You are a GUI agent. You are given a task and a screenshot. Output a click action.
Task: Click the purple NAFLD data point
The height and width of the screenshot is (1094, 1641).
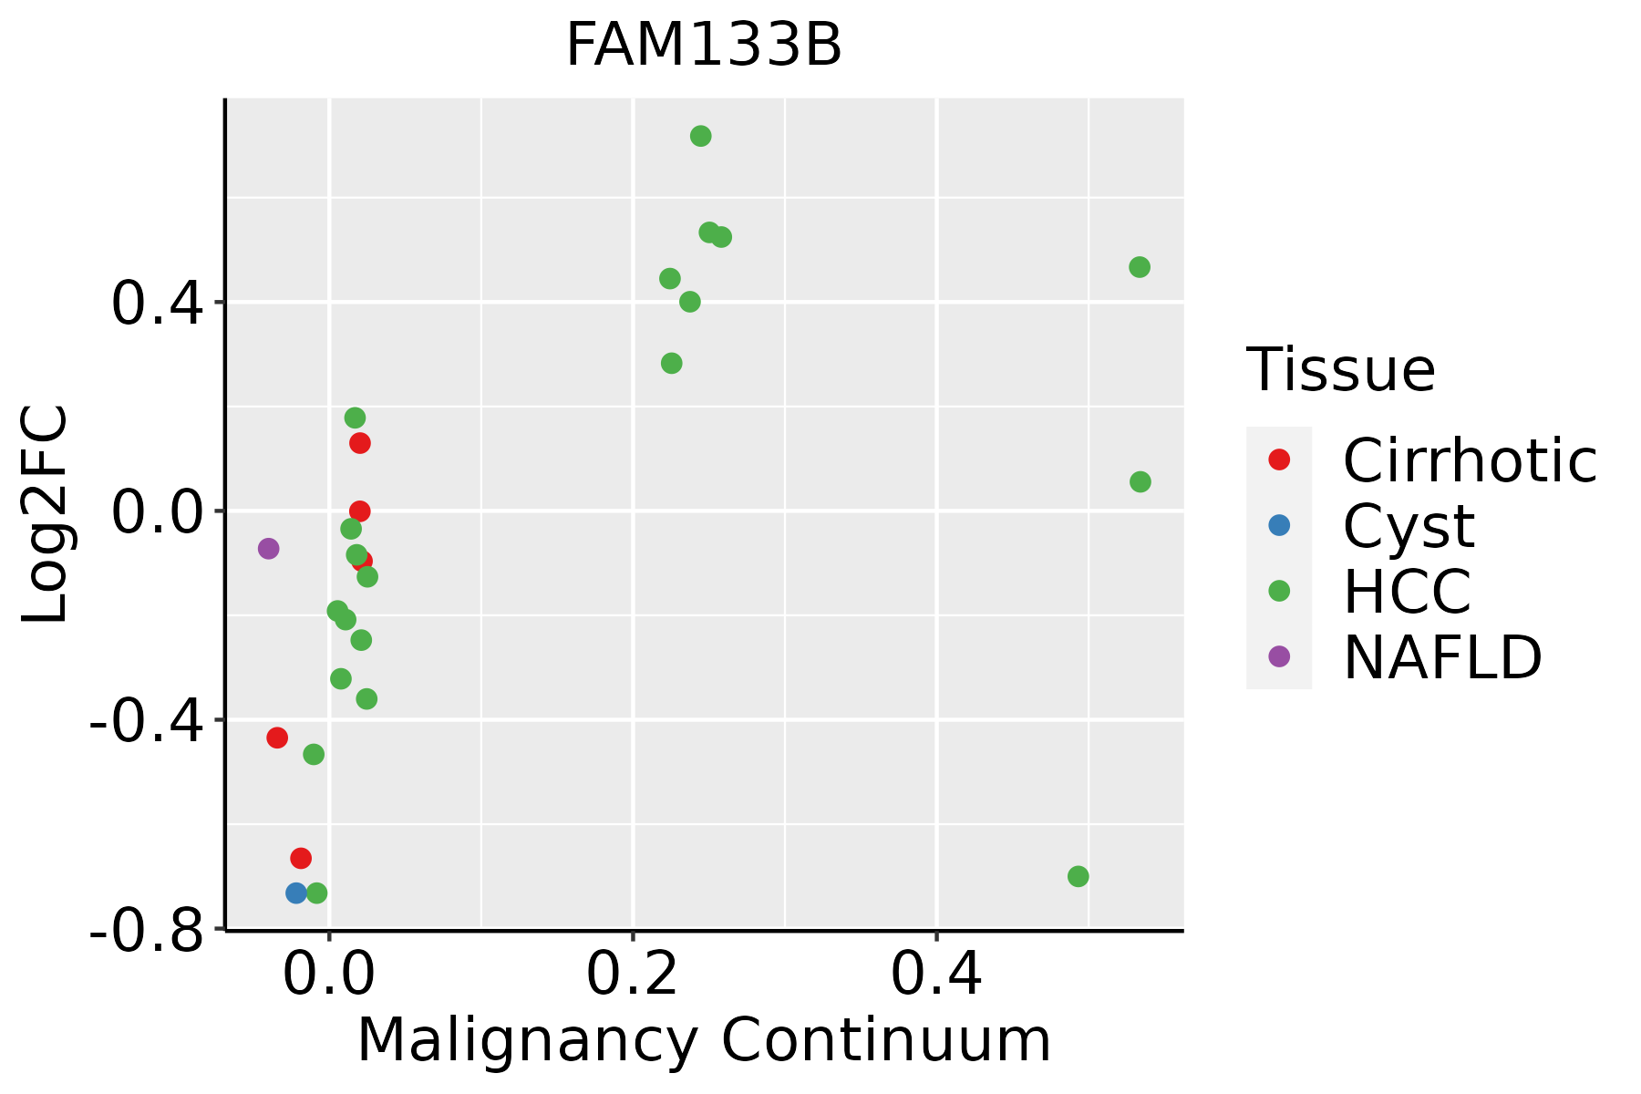[268, 549]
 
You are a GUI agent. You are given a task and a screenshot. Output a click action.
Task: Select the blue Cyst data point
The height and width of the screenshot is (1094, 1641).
[296, 893]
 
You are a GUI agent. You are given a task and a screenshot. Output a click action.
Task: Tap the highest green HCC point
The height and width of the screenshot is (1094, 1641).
[701, 137]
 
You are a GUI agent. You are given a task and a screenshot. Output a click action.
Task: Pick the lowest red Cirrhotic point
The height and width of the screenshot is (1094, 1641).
[301, 858]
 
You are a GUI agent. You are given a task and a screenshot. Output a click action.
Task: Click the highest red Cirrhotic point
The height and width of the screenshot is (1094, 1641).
[360, 443]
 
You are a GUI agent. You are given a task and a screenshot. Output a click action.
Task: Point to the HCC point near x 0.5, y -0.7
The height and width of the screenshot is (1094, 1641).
[1079, 876]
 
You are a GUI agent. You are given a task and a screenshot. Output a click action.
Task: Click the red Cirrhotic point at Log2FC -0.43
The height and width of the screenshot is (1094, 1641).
[277, 738]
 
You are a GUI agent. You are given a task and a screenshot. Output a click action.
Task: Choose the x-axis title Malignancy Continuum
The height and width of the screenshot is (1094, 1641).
[704, 1040]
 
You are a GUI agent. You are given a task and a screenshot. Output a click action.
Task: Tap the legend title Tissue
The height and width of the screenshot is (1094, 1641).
[1340, 370]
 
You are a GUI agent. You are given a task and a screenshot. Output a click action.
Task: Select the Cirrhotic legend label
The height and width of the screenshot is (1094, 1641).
[1470, 460]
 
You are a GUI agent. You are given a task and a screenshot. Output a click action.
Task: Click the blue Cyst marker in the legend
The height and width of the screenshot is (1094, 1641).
[1279, 525]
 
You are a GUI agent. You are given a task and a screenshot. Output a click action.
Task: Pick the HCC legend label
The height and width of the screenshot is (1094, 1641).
[1407, 591]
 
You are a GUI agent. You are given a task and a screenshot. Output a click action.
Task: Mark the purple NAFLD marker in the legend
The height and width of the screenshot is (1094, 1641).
[1279, 655]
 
